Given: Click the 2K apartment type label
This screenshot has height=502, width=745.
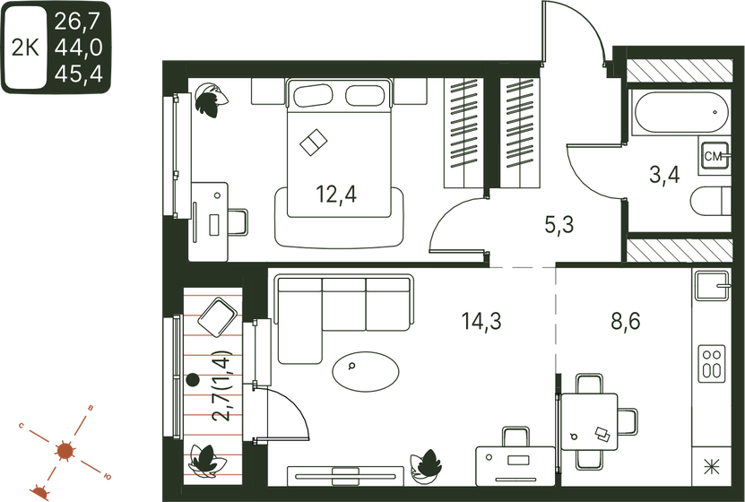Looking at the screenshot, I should click(25, 48).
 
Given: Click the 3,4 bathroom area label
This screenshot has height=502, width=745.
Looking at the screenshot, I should click(663, 174).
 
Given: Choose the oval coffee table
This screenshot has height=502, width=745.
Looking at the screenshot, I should click(367, 369).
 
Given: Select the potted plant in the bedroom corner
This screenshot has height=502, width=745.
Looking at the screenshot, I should click(210, 99).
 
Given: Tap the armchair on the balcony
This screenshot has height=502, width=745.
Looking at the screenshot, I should click(217, 316).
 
